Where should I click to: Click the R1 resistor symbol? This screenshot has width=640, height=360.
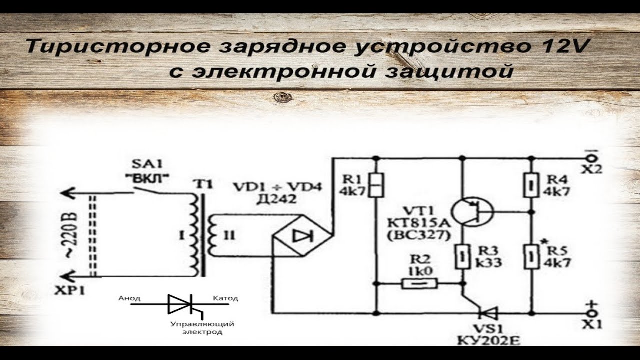tap(376, 185)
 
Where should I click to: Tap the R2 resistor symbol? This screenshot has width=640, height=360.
tap(420, 284)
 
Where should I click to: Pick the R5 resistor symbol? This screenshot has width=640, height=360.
tap(531, 256)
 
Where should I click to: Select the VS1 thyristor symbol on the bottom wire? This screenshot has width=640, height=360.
tap(487, 313)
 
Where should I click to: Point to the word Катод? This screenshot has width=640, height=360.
tap(225, 298)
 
